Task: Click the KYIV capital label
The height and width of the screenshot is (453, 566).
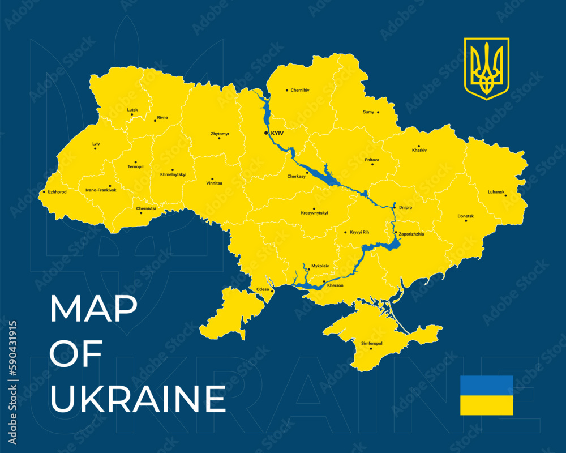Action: pyautogui.click(x=277, y=133)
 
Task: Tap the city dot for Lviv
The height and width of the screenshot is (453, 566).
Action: pyautogui.click(x=95, y=148)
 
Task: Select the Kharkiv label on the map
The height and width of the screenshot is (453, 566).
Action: pyautogui.click(x=419, y=150)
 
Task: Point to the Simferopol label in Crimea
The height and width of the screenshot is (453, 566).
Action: pyautogui.click(x=372, y=343)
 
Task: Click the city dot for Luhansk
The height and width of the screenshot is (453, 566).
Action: pyautogui.click(x=505, y=196)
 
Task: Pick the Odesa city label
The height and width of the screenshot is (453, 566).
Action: pyautogui.click(x=263, y=289)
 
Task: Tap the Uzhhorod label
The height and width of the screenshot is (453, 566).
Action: pyautogui.click(x=57, y=192)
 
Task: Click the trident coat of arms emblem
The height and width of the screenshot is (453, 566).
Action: pyautogui.click(x=487, y=68)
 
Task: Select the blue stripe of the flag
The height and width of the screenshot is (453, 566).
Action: pyautogui.click(x=487, y=386)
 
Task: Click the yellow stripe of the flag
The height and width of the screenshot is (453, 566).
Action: pyautogui.click(x=487, y=405)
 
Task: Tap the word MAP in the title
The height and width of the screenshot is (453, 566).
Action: pyautogui.click(x=93, y=309)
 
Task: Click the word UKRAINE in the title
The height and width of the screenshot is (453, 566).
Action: pyautogui.click(x=138, y=399)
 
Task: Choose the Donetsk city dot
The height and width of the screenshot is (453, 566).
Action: pyautogui.click(x=466, y=220)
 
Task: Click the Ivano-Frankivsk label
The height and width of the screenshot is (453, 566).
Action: pyautogui.click(x=101, y=190)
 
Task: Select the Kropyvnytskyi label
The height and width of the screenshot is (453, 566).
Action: pyautogui.click(x=314, y=213)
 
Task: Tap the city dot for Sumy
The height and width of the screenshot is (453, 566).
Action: pyautogui.click(x=378, y=112)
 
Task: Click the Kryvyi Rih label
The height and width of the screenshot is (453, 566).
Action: pyautogui.click(x=359, y=232)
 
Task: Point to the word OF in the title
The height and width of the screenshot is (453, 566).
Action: pyautogui.click(x=76, y=353)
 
